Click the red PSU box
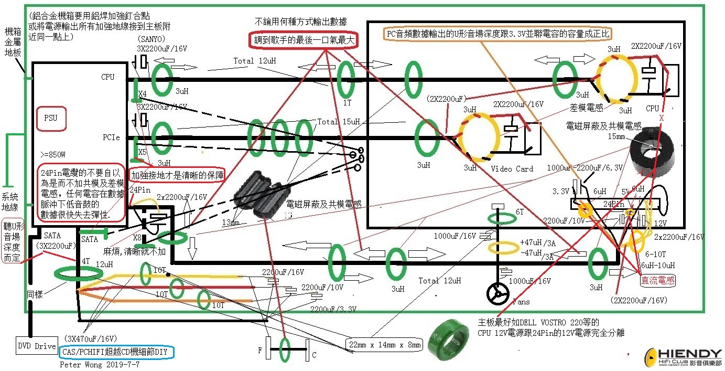tap(51, 119)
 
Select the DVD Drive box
tap(37, 346)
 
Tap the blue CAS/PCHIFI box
tap(117, 352)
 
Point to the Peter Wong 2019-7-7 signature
tap(100, 364)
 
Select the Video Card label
tap(512, 169)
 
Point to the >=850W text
tap(53, 155)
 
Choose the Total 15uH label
tap(338, 122)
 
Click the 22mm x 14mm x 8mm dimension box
tap(384, 344)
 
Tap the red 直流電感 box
tap(658, 281)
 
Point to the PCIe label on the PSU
tap(111, 137)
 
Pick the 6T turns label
tap(520, 211)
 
